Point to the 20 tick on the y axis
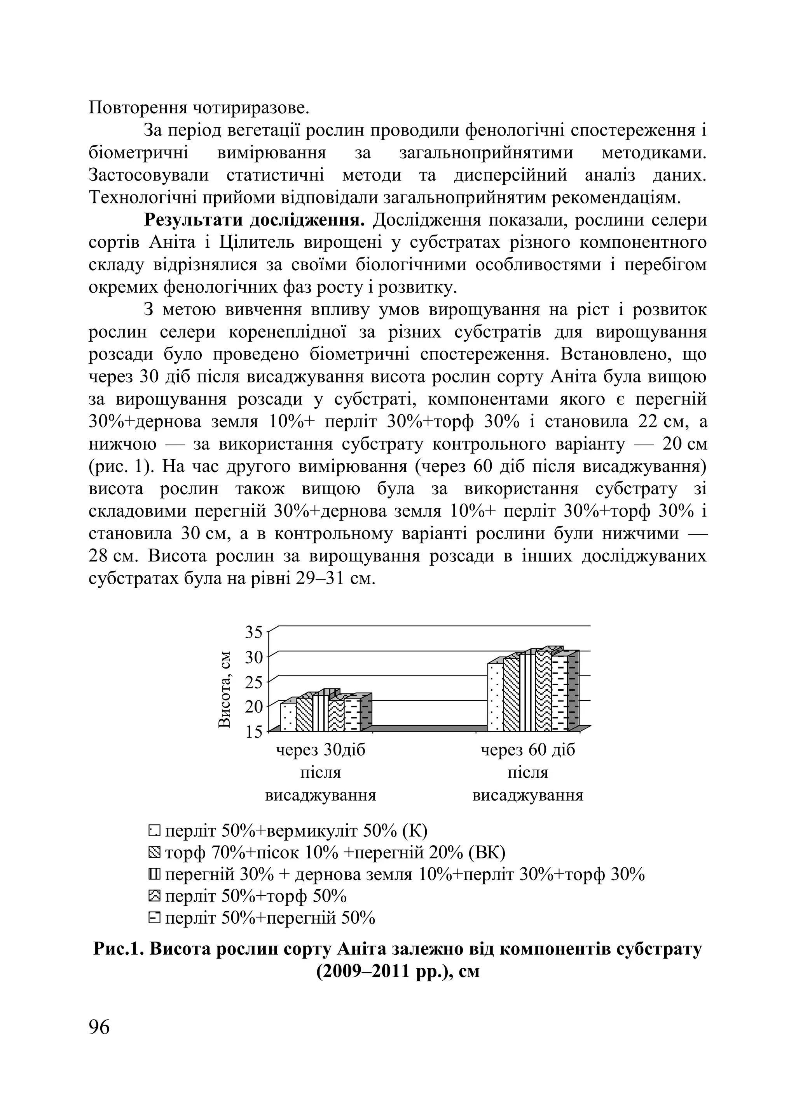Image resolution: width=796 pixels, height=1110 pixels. point(254,706)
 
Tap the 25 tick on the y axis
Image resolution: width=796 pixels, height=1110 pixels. point(254,682)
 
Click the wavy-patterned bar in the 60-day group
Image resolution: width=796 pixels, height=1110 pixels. point(543,691)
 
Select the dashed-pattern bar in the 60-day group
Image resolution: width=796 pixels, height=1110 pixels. point(559,693)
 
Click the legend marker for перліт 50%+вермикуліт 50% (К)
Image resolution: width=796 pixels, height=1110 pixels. point(154,830)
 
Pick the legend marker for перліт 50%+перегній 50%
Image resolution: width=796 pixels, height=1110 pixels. point(154,918)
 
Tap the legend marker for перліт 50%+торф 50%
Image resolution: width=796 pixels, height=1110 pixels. point(154,896)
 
